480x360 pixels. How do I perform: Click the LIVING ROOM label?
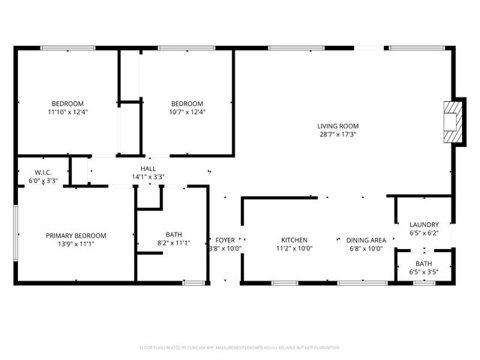click(x=337, y=126)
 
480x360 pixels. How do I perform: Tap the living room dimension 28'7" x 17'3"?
click(x=337, y=135)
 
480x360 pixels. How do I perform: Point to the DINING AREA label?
click(x=367, y=240)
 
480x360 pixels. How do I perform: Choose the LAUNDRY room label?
click(x=424, y=224)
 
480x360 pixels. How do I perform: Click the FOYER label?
click(x=225, y=240)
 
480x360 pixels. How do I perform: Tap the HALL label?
click(x=148, y=169)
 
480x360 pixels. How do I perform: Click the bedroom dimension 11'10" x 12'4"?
click(x=67, y=112)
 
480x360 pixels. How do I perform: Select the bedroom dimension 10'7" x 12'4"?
click(x=187, y=112)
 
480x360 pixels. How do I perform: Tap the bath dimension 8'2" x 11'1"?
click(x=174, y=243)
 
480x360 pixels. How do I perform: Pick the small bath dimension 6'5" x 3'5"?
click(x=424, y=272)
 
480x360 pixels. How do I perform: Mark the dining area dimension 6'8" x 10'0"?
click(x=367, y=249)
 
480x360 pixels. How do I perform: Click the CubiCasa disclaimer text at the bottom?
click(x=240, y=348)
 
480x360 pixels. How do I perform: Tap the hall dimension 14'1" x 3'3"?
click(x=148, y=178)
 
